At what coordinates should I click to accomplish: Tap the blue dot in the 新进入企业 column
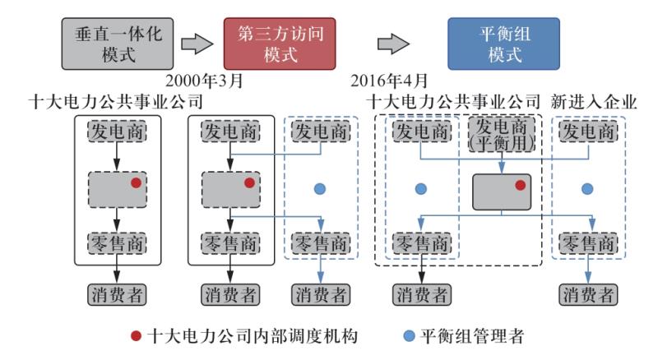pos(587,189)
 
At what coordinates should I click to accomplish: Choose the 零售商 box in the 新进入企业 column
pos(587,244)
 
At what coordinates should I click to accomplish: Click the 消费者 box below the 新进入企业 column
pos(587,293)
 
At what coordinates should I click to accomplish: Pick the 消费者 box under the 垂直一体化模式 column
pos(117,293)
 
